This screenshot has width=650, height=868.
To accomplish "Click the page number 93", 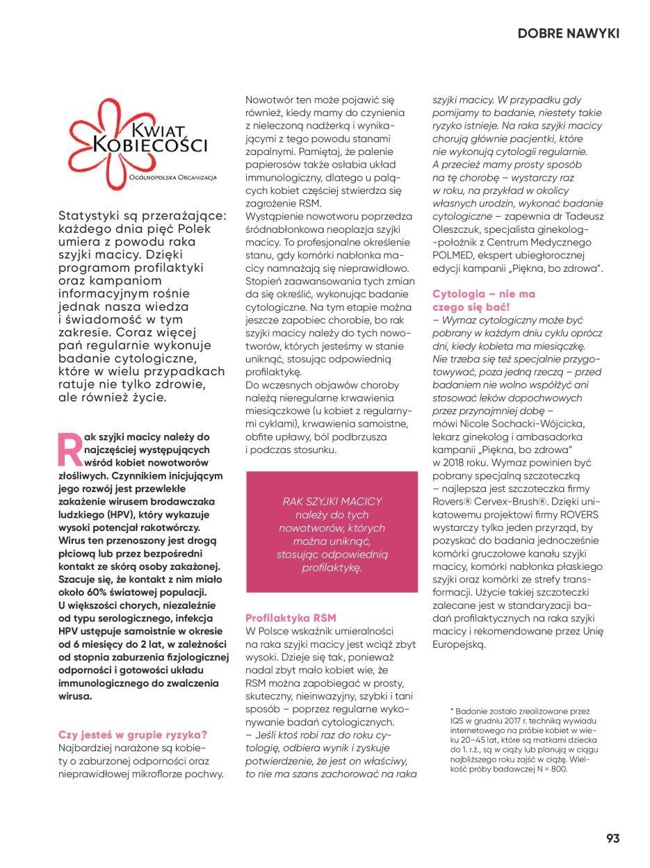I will coord(612,837).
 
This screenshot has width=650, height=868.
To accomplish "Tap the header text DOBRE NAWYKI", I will coord(568,33).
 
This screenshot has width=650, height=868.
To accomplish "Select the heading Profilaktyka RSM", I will coord(290,617).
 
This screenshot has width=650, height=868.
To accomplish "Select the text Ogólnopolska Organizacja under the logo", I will coord(177,177).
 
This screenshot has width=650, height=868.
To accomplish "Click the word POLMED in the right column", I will coord(453,255).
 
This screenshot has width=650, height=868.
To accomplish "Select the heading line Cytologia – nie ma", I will coord(484,294).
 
